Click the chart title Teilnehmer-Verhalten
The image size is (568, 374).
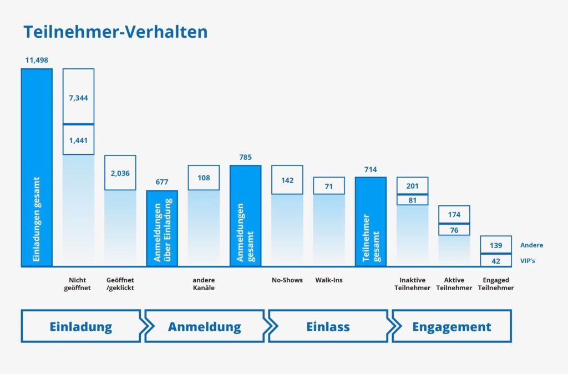click(115, 32)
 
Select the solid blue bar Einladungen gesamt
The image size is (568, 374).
click(37, 166)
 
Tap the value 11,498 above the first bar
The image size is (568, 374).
click(37, 60)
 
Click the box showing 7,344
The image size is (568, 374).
click(78, 97)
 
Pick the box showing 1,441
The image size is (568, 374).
click(78, 140)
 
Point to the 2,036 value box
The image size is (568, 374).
click(120, 173)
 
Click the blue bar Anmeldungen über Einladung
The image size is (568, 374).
click(162, 228)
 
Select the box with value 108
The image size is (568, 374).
click(204, 178)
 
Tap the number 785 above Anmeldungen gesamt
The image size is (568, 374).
click(245, 158)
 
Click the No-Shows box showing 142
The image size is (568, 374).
click(287, 180)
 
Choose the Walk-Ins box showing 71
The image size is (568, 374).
click(329, 186)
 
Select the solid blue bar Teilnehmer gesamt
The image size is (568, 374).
click(371, 222)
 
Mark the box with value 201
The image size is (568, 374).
click(412, 186)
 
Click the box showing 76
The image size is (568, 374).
click(454, 230)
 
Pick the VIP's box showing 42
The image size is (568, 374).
click(496, 260)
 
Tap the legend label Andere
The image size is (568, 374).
click(531, 245)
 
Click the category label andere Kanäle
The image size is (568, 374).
click(204, 284)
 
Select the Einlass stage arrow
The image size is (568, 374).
click(328, 326)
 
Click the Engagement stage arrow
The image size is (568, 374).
click(452, 326)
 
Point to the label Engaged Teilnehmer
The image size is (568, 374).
click(496, 284)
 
